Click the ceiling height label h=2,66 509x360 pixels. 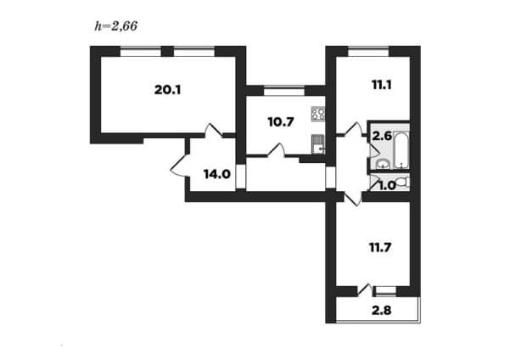pos(116,26)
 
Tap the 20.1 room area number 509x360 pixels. pos(167,90)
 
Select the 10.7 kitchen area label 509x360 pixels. pos(281,122)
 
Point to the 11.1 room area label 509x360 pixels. pos(382,85)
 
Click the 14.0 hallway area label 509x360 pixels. pos(217,174)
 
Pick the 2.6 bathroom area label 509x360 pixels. pos(382,136)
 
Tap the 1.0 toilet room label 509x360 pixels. pos(388,186)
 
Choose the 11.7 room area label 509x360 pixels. pos(380,248)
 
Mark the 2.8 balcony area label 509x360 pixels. pos(382,311)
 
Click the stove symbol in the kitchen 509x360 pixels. pos(318,114)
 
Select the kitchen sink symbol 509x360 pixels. pos(318,144)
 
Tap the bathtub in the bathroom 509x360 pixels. pos(401,150)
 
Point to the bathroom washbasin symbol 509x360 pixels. pos(383,165)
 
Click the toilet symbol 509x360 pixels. pos(404,182)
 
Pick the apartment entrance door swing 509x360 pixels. pos(179,166)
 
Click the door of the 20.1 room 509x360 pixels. pos(213,131)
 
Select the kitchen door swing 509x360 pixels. pos(277,150)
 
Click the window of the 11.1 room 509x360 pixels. pos(369,51)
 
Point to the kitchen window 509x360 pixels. pos(284,91)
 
